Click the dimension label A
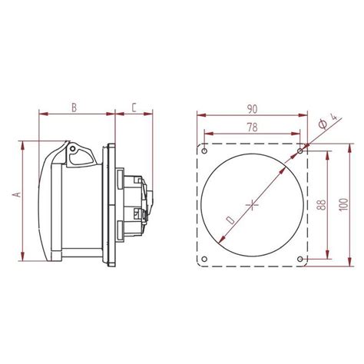point(16,197)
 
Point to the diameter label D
point(231,222)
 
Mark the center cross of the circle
point(253,204)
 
